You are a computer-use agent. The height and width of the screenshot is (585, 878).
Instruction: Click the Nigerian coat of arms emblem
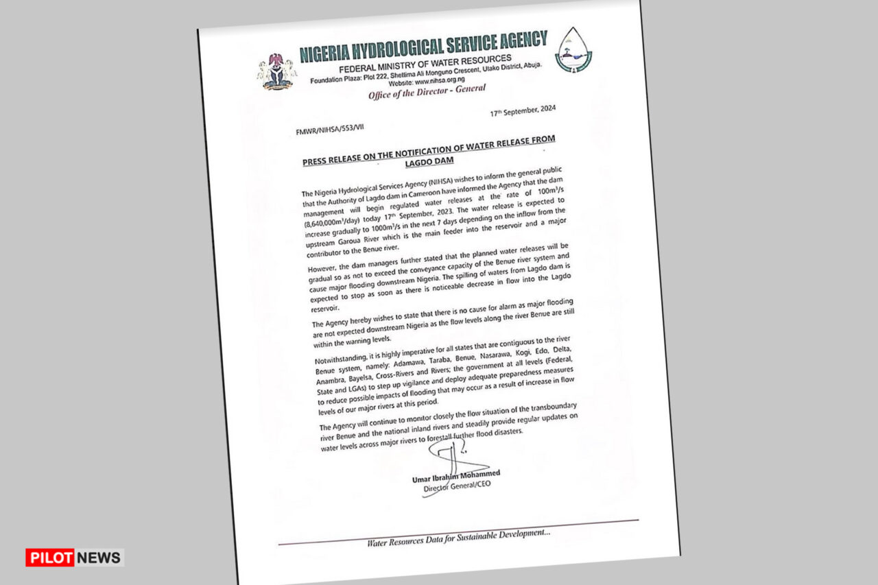pyautogui.click(x=276, y=71)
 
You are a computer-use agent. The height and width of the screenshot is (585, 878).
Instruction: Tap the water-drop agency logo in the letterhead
pyautogui.click(x=573, y=50)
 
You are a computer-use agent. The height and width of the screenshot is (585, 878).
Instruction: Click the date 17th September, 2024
pyautogui.click(x=523, y=110)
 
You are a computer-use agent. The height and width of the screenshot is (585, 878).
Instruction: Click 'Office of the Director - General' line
pyautogui.click(x=427, y=91)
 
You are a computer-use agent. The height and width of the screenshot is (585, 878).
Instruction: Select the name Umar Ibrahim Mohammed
pyautogui.click(x=456, y=476)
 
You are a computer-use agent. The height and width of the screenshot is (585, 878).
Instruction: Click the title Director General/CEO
pyautogui.click(x=457, y=487)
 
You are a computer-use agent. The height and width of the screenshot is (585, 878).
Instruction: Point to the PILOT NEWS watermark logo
pyautogui.click(x=74, y=557)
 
